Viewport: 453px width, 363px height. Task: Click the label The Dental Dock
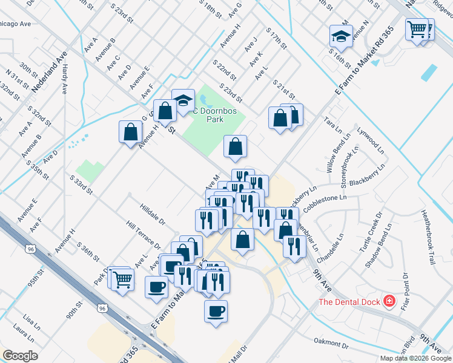coord(349,301)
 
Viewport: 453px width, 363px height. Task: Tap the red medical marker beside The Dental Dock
coord(389,301)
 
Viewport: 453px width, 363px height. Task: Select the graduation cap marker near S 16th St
coord(342,36)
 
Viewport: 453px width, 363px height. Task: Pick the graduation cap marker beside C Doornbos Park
coord(182,101)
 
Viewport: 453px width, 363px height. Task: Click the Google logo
coord(20,356)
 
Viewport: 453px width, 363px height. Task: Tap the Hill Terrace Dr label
coord(144,234)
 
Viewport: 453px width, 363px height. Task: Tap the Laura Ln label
coord(23,331)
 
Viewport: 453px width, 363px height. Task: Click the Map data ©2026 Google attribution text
coord(415,358)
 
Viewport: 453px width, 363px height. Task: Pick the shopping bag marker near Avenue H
coord(130,132)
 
